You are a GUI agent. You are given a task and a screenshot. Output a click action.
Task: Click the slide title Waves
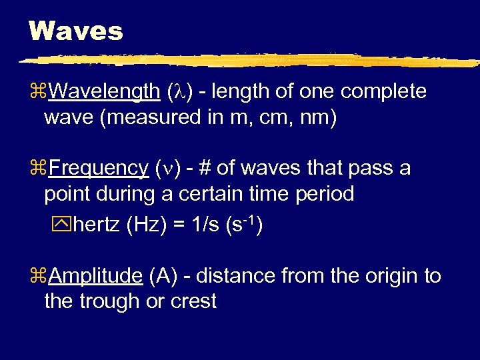point(76,31)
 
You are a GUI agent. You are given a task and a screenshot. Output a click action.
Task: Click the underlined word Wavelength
point(105,91)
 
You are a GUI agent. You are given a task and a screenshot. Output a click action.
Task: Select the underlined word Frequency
point(99,169)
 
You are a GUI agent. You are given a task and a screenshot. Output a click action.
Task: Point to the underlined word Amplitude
point(95,275)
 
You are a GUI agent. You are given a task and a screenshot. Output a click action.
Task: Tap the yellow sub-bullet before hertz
point(65,225)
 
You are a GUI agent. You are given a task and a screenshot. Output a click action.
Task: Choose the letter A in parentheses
point(163,275)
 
